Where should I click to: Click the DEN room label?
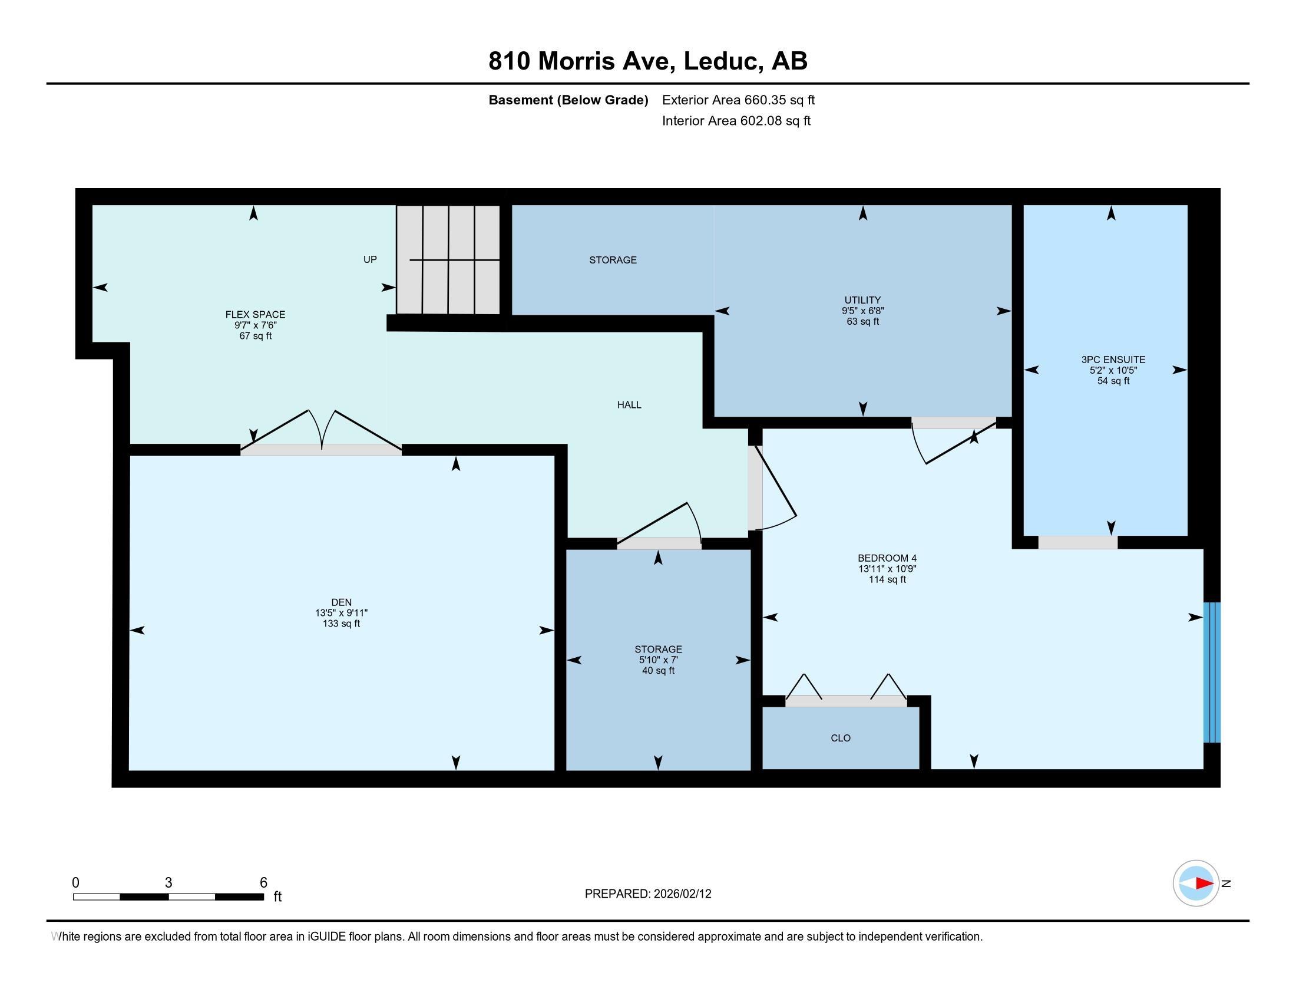pos(341,602)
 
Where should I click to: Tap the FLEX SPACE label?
pos(255,315)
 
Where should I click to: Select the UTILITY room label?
pos(863,301)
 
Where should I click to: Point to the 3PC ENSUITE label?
pos(1113,360)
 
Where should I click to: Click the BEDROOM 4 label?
pos(887,558)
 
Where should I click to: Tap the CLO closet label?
pos(841,738)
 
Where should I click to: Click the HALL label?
pos(629,405)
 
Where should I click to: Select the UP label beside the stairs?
pos(370,259)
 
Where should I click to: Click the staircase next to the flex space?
pos(449,259)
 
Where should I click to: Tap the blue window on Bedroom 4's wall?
pos(1212,673)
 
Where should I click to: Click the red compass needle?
pos(1204,884)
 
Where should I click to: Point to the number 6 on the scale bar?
pos(263,883)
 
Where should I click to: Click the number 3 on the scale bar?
pos(168,883)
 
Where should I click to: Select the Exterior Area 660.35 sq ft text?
pos(738,100)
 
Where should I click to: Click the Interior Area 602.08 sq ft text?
pos(736,121)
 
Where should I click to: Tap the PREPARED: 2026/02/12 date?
pos(648,894)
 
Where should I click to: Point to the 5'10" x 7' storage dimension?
pos(658,660)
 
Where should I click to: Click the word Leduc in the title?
pos(723,61)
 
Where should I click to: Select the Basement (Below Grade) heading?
pos(568,100)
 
